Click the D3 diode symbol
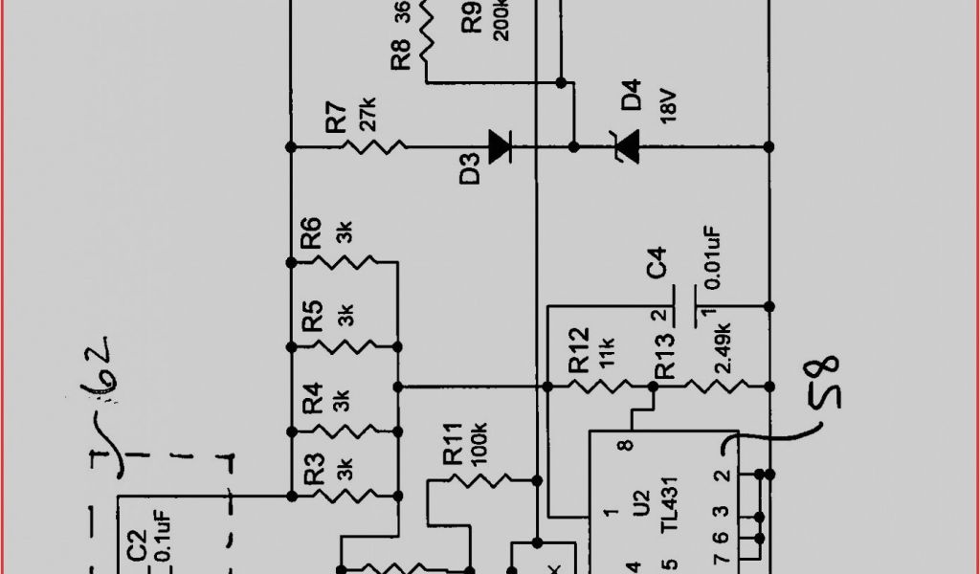[x=499, y=146]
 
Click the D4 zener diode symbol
[x=627, y=146]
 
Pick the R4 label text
[x=312, y=398]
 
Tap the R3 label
[x=312, y=471]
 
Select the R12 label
[x=580, y=352]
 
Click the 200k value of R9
[x=501, y=20]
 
